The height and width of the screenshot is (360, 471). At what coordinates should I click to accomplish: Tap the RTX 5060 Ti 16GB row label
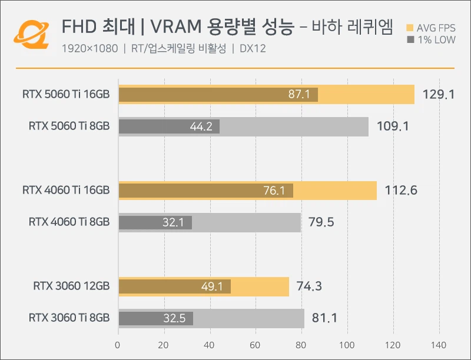(66, 94)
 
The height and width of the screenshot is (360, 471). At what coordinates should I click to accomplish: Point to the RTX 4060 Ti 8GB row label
(69, 222)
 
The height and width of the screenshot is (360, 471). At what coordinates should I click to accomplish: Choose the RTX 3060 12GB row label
(71, 286)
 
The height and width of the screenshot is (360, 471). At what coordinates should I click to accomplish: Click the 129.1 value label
(439, 94)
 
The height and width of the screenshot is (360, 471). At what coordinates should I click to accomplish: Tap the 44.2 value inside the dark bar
(201, 126)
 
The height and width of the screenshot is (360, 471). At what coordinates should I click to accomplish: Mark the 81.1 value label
(325, 318)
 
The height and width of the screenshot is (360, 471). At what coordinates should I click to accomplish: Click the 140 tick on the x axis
(439, 345)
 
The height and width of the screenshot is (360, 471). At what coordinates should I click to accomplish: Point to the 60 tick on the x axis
(256, 345)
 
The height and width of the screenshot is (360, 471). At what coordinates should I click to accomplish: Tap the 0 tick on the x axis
(118, 345)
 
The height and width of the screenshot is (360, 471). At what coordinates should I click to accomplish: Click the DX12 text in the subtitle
(253, 49)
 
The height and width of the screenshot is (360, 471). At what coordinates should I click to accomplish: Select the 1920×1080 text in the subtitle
(89, 49)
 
